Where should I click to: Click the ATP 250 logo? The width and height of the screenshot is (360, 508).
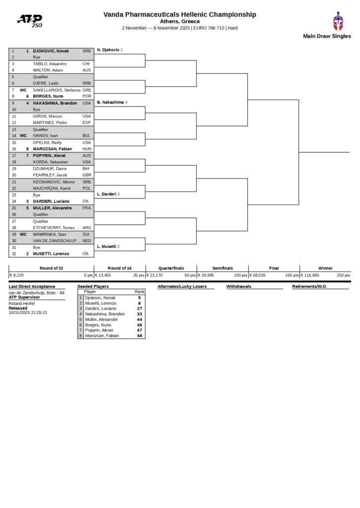[30, 20]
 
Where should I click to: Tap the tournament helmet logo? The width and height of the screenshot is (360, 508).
[338, 21]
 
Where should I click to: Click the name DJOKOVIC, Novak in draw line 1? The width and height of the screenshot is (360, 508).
[51, 51]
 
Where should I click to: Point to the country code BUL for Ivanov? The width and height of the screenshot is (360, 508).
[86, 135]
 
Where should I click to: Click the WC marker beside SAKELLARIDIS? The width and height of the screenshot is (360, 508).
[23, 90]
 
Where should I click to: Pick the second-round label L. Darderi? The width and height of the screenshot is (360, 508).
[107, 194]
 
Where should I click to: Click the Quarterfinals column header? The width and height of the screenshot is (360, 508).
[171, 268]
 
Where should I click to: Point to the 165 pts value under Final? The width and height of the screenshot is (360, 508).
[291, 275]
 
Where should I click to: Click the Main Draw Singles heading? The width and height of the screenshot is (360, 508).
[327, 36]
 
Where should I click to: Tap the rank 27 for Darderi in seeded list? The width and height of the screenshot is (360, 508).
[140, 308]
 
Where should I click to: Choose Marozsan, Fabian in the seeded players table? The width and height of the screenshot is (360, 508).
[102, 336]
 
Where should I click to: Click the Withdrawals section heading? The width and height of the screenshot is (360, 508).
[238, 286]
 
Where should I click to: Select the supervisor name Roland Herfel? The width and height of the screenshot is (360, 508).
[21, 303]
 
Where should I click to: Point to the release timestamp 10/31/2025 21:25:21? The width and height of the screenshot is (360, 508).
[28, 313]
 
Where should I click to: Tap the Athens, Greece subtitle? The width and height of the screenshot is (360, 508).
[180, 21]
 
